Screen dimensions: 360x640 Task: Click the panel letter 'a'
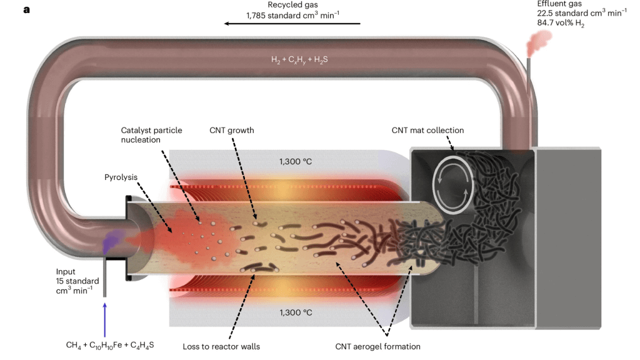27,9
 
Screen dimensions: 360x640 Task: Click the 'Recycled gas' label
292,5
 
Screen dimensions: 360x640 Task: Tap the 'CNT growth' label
232,131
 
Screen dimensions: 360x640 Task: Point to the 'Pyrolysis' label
120,177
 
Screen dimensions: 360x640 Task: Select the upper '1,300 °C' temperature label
295,161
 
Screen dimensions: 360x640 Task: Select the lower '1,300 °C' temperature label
295,312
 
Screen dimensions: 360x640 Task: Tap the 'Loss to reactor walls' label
221,346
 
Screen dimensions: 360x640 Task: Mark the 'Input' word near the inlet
66,271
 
